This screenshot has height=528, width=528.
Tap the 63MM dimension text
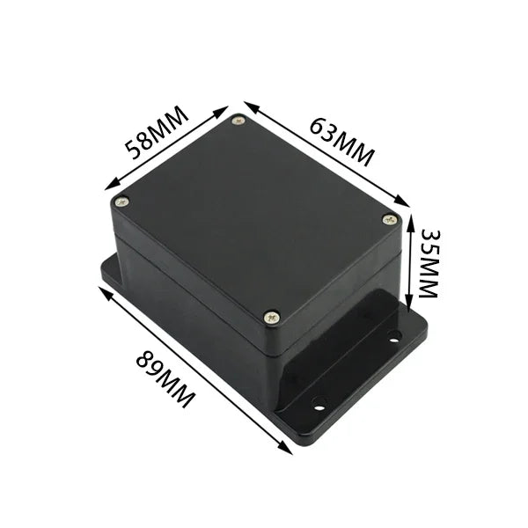[341, 139]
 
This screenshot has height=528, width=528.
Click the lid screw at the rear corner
[238, 121]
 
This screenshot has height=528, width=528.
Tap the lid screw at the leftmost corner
[122, 202]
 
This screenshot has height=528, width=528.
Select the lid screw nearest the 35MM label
[390, 219]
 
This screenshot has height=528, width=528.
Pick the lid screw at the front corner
[272, 316]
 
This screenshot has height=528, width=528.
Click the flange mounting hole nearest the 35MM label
[393, 335]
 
